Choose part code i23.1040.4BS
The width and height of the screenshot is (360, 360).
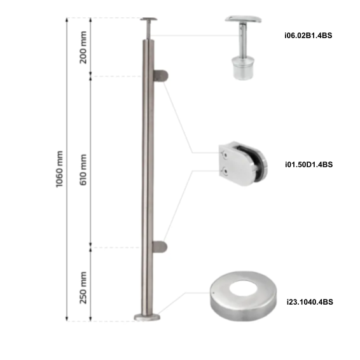coord(308,302)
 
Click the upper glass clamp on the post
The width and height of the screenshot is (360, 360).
coord(161,76)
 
